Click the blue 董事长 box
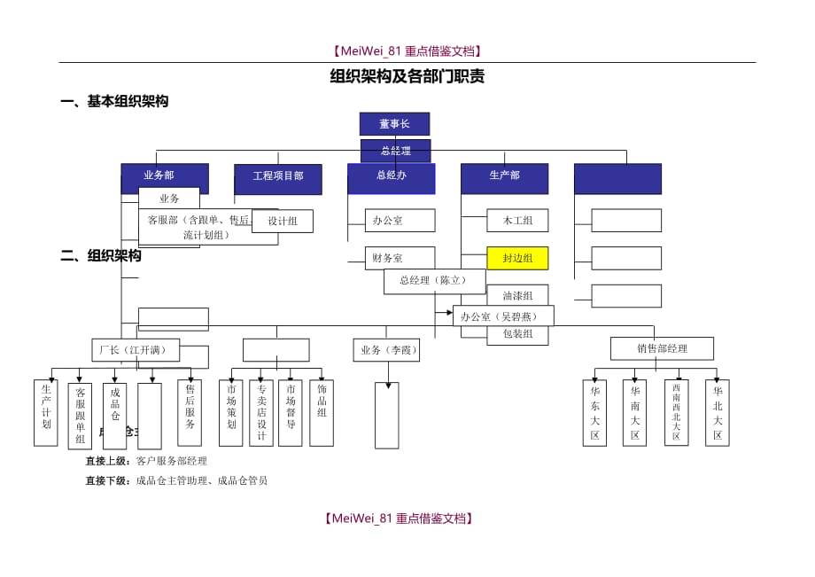pos(394,124)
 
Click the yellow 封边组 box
pos(517,259)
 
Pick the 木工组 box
pos(517,221)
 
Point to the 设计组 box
pos(282,222)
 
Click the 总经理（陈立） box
pos(434,281)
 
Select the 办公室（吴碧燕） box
pos(503,316)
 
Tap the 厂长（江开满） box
pos(135,350)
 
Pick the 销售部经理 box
pos(662,348)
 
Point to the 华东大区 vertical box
pos(595,412)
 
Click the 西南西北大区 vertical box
pos(676,412)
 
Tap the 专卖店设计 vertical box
pos(261,412)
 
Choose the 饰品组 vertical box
pos(322,412)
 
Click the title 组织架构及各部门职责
pos(407,77)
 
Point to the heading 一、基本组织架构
pos(114,102)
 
